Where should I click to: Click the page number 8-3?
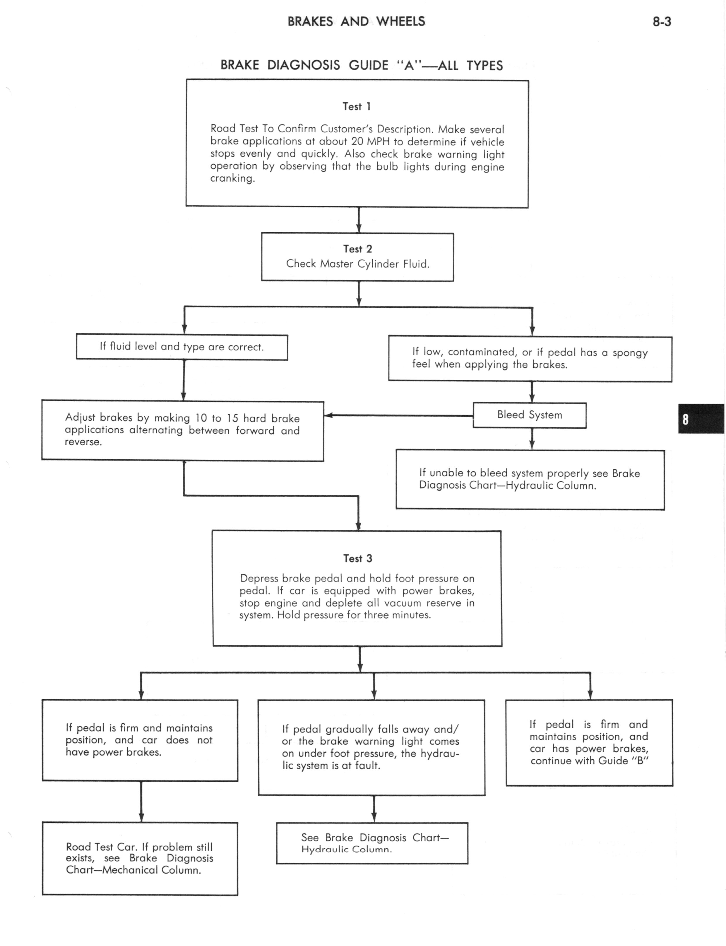click(x=662, y=22)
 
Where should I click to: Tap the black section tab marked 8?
click(x=701, y=419)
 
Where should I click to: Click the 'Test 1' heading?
click(x=357, y=106)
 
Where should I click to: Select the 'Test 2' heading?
click(x=357, y=249)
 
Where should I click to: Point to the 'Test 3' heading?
click(x=357, y=559)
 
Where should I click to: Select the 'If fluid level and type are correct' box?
click(x=182, y=347)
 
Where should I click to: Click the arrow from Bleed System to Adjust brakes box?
click(x=398, y=415)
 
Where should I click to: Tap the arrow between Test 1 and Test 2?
click(x=359, y=220)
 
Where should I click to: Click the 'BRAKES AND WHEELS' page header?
click(x=357, y=22)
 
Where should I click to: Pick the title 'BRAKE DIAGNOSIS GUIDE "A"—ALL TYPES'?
click(x=362, y=65)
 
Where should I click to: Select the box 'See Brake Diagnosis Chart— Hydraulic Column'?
click(x=372, y=843)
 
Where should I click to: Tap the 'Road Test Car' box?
click(x=140, y=859)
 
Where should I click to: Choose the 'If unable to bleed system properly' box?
click(x=530, y=480)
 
